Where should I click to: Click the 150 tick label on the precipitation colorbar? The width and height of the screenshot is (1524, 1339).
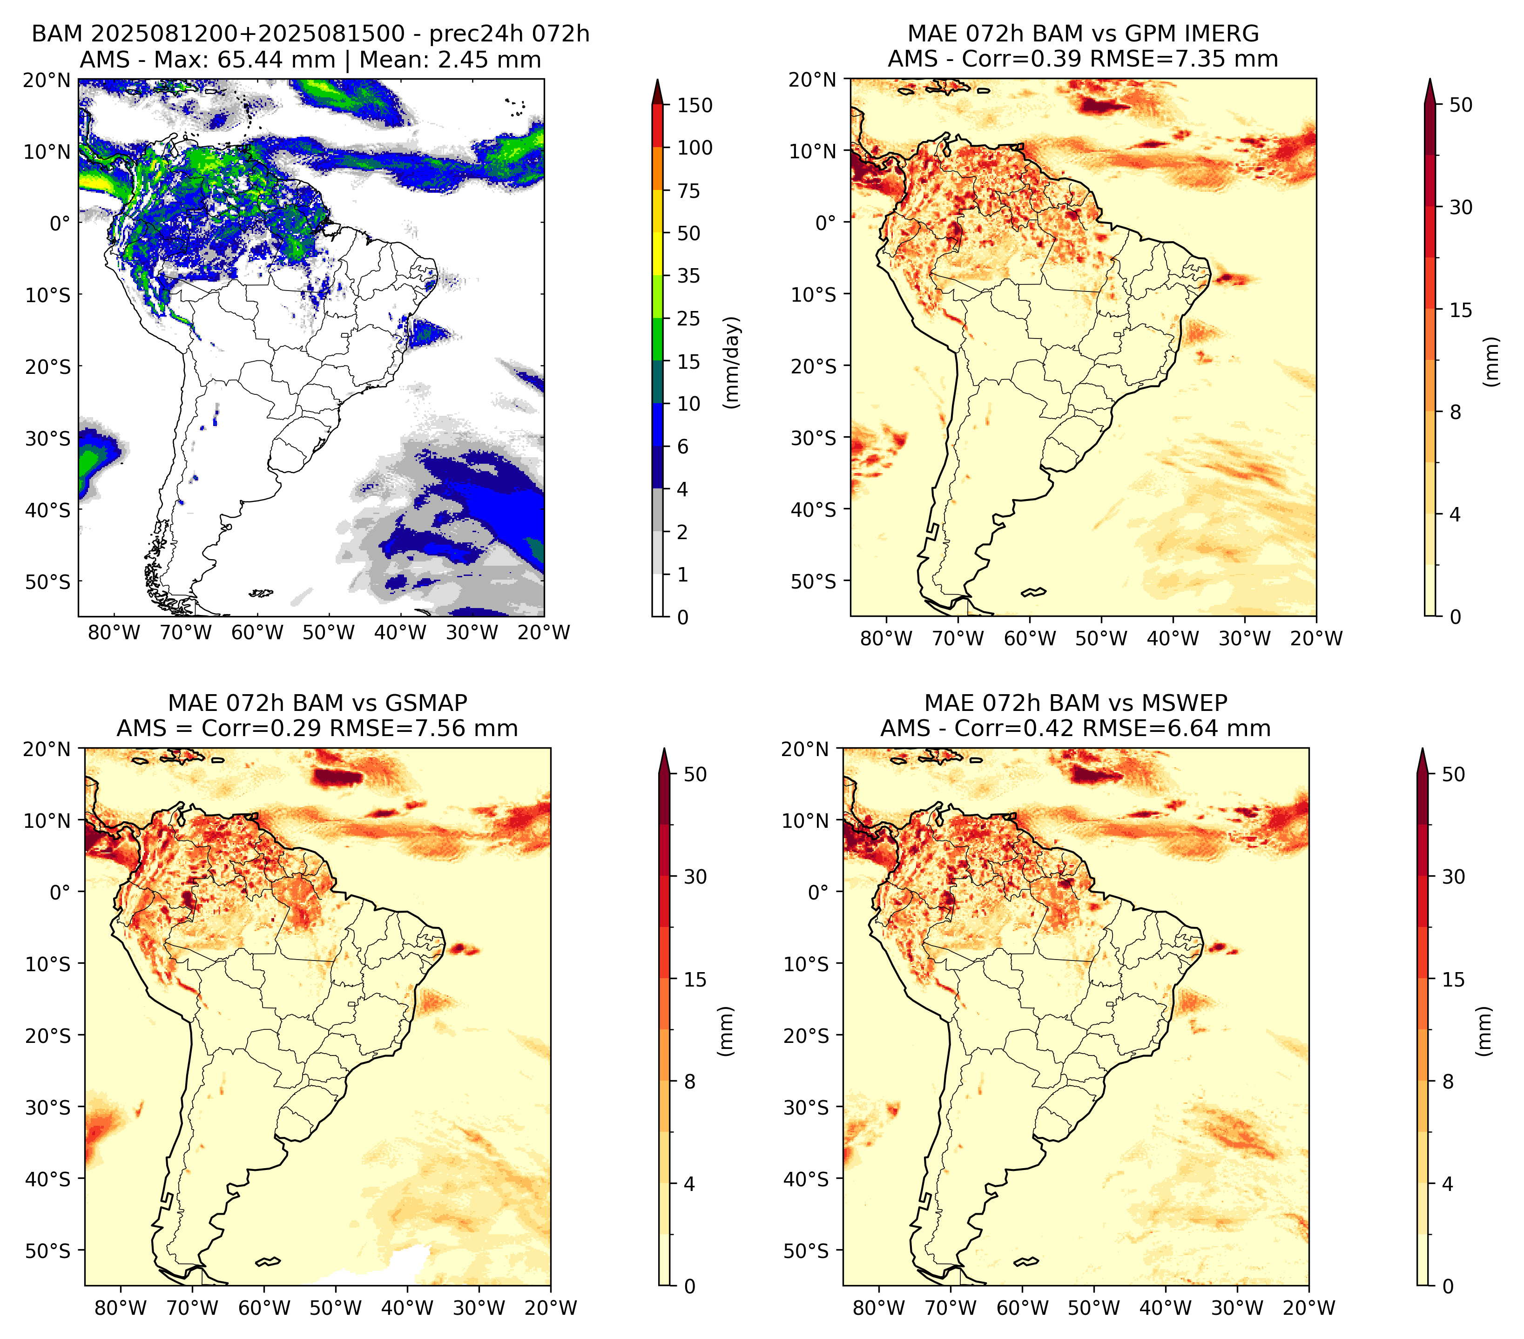[x=694, y=105]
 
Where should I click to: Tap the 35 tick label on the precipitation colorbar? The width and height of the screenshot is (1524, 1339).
[x=688, y=276]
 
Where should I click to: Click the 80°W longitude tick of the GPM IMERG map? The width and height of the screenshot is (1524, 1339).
[x=886, y=638]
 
